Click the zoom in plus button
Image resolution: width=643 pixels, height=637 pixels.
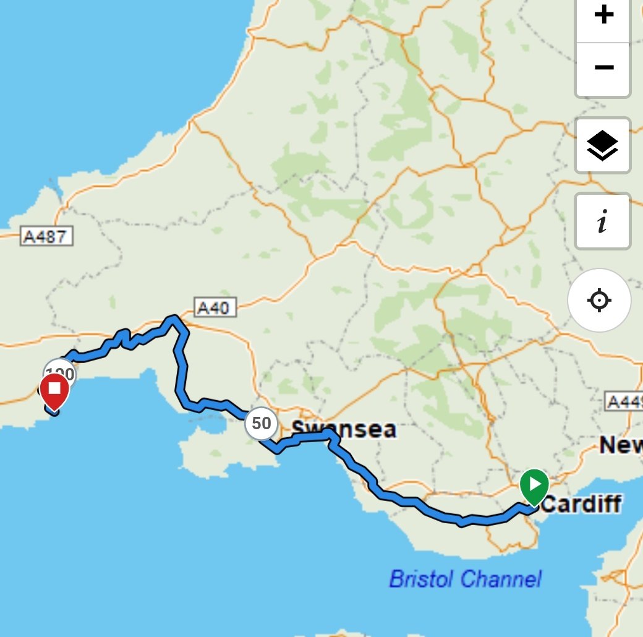tap(603, 15)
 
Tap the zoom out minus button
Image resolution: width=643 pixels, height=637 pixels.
tap(603, 67)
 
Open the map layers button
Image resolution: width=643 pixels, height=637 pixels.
tap(602, 145)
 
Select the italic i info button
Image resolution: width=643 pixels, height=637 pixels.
tap(602, 221)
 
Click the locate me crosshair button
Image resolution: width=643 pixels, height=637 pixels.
tap(599, 301)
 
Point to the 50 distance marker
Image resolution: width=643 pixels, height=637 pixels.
tap(261, 424)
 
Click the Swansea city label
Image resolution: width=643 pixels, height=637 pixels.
tap(344, 429)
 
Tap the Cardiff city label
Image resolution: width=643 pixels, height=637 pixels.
tap(581, 504)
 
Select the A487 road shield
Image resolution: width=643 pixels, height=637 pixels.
tap(47, 236)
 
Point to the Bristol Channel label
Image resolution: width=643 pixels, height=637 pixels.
tap(465, 579)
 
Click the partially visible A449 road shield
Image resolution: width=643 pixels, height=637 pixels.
tap(624, 402)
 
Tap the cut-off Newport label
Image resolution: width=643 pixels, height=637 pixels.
tap(621, 445)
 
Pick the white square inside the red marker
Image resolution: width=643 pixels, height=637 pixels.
tap(54, 388)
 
